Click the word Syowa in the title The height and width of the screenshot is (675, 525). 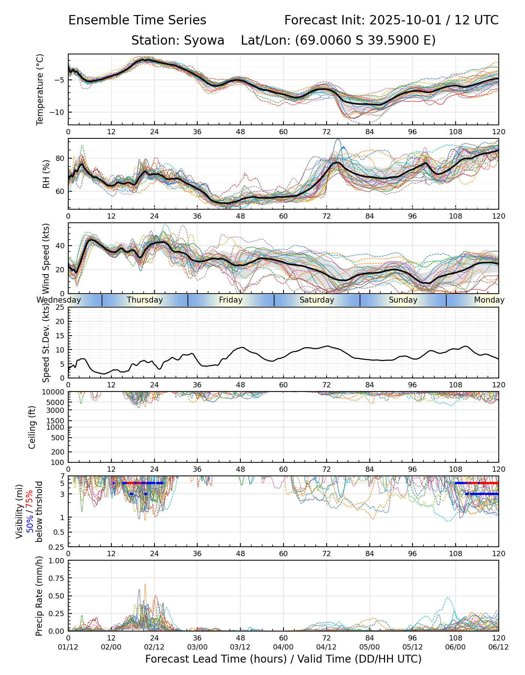pyautogui.click(x=204, y=40)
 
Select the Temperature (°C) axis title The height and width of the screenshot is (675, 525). pyautogui.click(x=40, y=89)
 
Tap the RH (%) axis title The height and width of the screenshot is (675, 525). pyautogui.click(x=46, y=174)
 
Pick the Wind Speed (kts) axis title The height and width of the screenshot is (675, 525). pyautogui.click(x=46, y=258)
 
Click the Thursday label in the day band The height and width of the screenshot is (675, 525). pyautogui.click(x=145, y=300)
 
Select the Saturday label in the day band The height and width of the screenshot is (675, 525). pyautogui.click(x=317, y=300)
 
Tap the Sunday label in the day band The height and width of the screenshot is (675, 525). pyautogui.click(x=403, y=300)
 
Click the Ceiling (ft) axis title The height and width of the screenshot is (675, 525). pyautogui.click(x=32, y=427)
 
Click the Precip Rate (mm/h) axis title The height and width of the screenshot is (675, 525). pyautogui.click(x=39, y=596)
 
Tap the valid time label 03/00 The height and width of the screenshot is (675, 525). pyautogui.click(x=197, y=647)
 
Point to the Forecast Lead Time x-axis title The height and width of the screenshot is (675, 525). pyautogui.click(x=283, y=659)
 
